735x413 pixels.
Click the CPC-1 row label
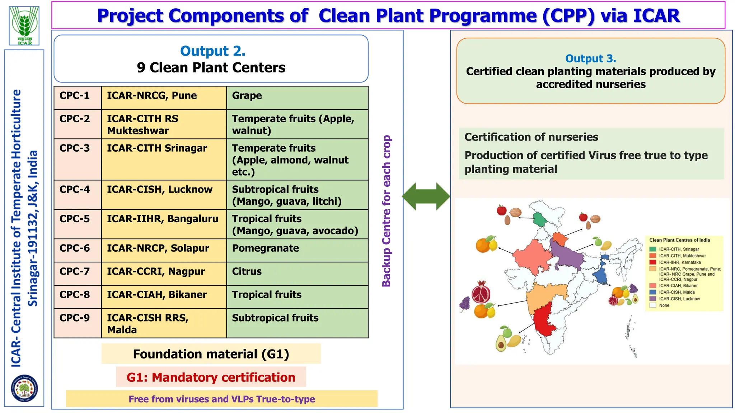75,96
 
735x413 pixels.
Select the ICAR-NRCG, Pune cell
152,96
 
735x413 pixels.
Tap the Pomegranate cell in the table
265,248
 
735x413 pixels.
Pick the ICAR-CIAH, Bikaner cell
157,295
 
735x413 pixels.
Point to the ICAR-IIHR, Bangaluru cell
162,219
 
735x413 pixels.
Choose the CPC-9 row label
75,318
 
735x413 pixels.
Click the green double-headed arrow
426,196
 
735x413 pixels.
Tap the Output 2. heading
212,51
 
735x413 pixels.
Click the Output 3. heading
590,58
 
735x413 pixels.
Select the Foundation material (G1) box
211,354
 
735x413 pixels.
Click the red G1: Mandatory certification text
211,378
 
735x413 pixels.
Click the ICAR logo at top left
24,25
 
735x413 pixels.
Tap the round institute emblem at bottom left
24,388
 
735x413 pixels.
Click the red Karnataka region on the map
543,319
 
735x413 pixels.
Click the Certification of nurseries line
531,137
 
